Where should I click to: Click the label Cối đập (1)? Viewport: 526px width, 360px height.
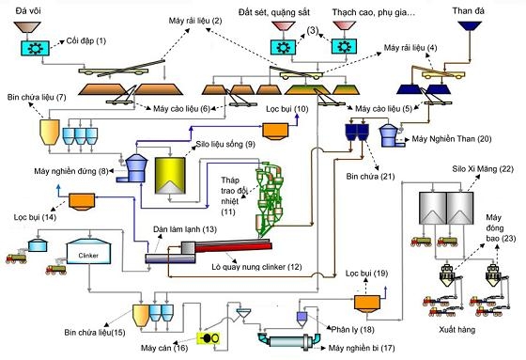click(x=88, y=42)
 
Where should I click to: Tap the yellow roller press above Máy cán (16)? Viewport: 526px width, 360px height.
click(x=205, y=337)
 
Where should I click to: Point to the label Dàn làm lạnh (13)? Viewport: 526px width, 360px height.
click(x=182, y=228)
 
